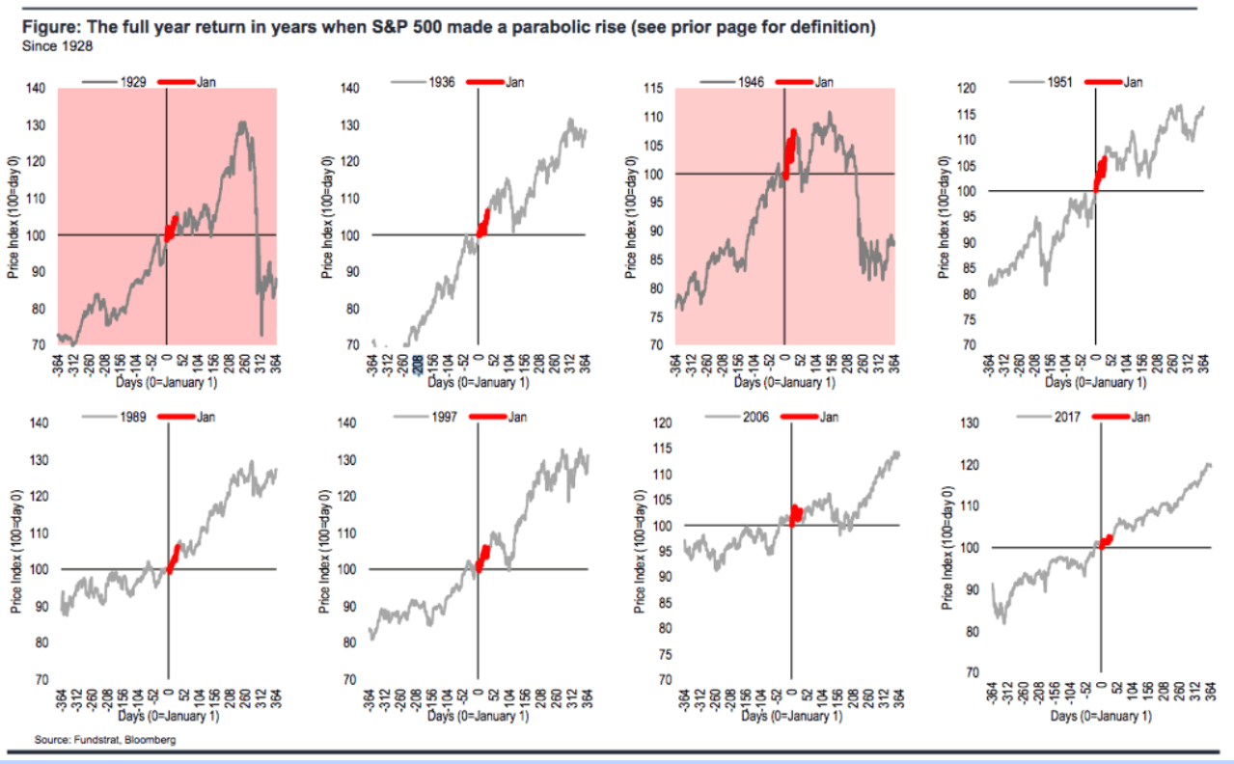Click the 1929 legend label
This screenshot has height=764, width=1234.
pyautogui.click(x=134, y=82)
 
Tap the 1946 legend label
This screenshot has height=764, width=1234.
pyautogui.click(x=752, y=82)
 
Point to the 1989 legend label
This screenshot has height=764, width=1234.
pyautogui.click(x=134, y=417)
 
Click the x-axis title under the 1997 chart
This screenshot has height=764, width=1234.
pyautogui.click(x=478, y=717)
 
